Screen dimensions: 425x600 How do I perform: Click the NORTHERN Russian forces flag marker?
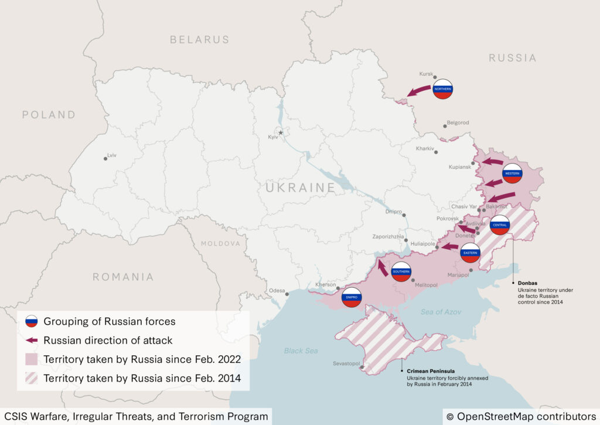tap(443, 89)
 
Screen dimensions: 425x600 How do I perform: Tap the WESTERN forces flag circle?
tap(512, 174)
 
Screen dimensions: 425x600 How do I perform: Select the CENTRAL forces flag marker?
tap(500, 225)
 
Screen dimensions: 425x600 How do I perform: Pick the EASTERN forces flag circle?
tap(470, 253)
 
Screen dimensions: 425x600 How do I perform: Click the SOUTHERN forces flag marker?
tap(401, 272)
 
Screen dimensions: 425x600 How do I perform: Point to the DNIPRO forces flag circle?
tap(352, 298)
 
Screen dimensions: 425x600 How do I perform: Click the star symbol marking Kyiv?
tap(281, 132)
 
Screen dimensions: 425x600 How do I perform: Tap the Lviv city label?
tap(112, 156)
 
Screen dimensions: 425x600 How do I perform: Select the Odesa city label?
tap(277, 291)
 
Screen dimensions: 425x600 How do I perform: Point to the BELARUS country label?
tap(199, 40)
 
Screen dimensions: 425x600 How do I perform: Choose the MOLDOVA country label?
tap(220, 243)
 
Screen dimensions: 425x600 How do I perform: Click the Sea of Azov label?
tap(440, 312)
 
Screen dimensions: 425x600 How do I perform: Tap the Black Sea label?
tap(301, 351)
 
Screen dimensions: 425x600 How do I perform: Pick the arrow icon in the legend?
tap(32, 340)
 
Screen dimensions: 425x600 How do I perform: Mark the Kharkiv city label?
tap(425, 149)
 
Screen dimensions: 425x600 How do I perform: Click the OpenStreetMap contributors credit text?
tap(521, 416)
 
